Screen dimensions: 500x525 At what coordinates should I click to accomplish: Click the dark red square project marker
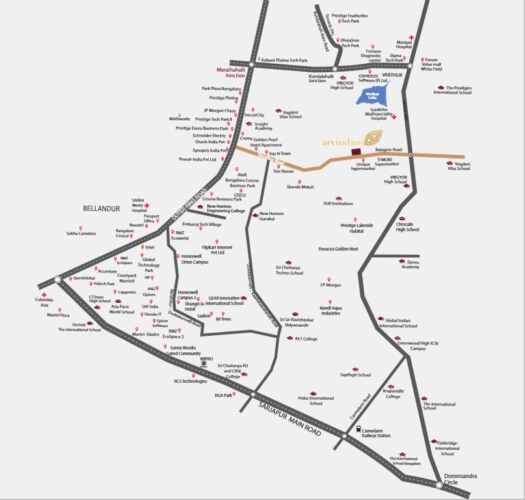click(355, 152)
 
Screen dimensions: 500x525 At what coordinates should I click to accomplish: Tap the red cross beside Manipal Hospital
click(411, 38)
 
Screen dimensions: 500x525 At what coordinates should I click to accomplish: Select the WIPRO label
click(207, 358)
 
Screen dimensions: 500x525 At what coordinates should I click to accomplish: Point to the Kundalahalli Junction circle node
click(334, 68)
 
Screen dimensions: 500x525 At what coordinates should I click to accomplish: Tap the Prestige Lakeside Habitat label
click(357, 228)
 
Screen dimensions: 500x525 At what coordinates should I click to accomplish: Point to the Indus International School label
click(316, 400)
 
